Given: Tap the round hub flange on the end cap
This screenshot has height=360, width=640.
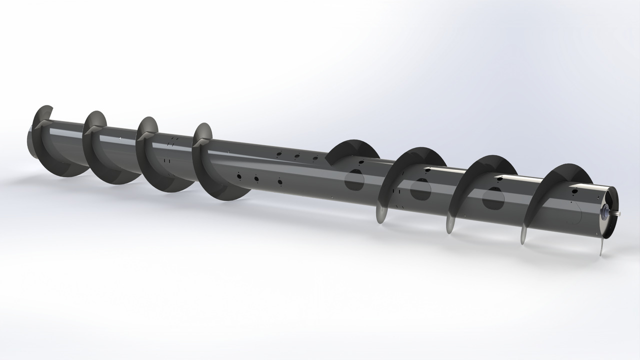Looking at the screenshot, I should [x=606, y=212].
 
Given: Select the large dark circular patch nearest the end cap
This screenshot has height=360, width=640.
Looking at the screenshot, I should [x=493, y=198].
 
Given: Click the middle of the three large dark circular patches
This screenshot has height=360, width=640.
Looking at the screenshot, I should [x=420, y=189].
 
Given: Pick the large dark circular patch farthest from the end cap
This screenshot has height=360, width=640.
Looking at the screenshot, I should [x=354, y=179].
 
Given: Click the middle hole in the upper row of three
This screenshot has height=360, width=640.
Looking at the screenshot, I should [x=297, y=156].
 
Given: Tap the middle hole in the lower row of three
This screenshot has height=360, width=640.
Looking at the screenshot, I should [x=256, y=178].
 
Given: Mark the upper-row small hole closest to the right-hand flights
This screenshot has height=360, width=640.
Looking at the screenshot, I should [x=315, y=158].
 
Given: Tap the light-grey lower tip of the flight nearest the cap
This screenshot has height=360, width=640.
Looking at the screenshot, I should [x=523, y=235].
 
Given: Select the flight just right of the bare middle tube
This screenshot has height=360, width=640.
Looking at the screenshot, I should [x=350, y=150].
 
